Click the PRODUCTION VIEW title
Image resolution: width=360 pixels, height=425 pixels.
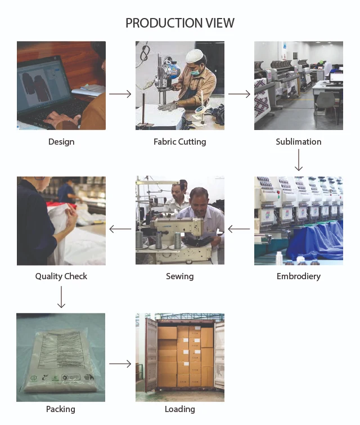(180, 23)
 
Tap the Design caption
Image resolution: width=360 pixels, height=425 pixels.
(61, 142)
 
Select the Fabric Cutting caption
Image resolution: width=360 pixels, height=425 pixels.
(180, 142)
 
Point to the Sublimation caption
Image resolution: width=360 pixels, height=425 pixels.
(299, 142)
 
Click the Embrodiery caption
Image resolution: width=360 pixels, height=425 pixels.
(299, 276)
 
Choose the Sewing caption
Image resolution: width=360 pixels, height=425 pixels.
(180, 276)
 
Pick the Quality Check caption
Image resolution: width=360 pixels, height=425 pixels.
(61, 276)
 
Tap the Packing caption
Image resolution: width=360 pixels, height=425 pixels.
(61, 409)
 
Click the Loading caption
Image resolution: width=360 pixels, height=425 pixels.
(180, 409)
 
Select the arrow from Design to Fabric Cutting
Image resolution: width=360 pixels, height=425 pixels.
(120, 94)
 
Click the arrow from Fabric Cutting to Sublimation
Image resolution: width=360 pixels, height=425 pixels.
(239, 94)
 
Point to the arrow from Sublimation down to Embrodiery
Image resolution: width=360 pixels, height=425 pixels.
(299, 160)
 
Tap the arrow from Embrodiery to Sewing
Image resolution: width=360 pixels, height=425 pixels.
(239, 229)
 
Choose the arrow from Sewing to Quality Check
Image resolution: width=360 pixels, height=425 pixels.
(120, 229)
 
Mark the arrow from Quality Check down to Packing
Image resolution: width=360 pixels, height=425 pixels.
(61, 297)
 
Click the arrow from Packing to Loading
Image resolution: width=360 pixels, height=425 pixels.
(120, 364)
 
